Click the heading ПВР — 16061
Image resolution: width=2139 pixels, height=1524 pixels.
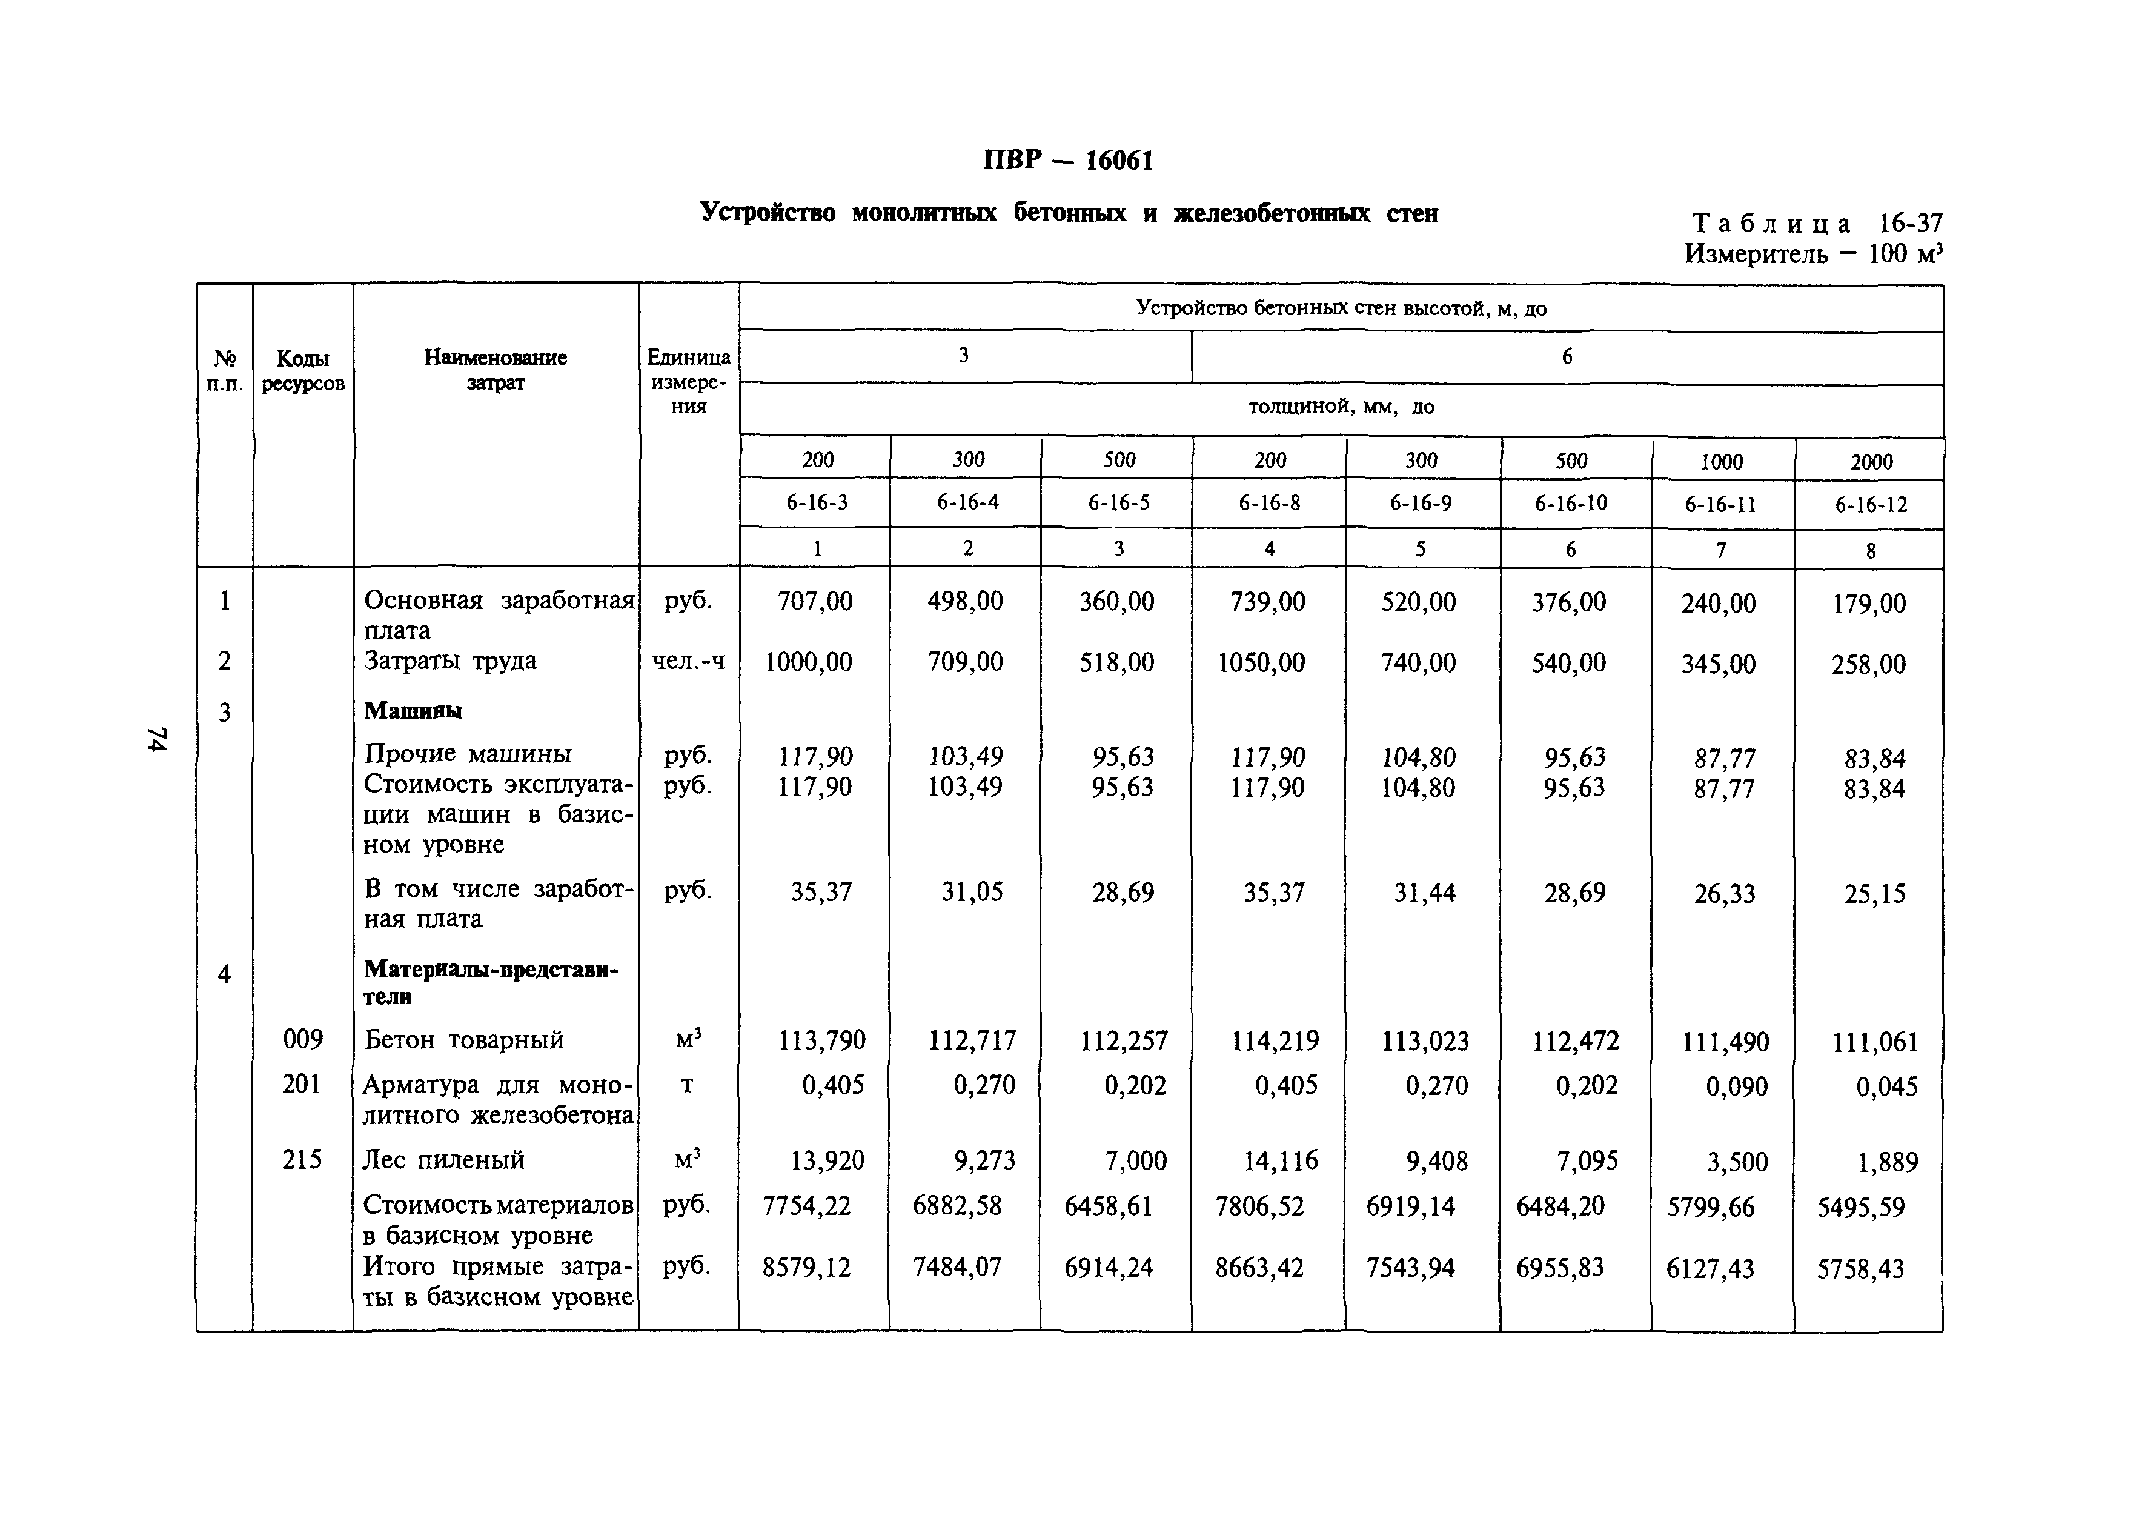1067,161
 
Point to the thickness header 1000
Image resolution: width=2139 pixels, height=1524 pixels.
1722,462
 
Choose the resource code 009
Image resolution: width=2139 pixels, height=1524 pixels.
302,1039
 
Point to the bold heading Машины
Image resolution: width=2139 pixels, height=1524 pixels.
413,710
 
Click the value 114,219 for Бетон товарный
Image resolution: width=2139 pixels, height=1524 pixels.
1275,1040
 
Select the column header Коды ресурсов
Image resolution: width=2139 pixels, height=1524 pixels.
302,371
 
